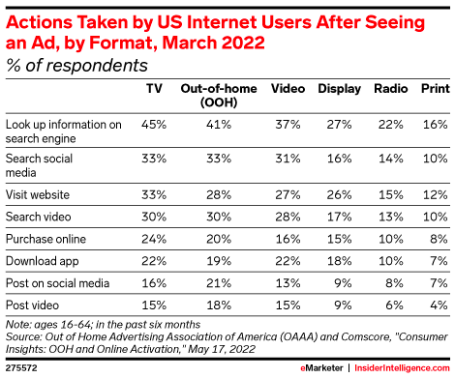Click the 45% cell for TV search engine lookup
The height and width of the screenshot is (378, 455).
pyautogui.click(x=153, y=124)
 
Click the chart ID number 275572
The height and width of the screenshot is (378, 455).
pyautogui.click(x=21, y=368)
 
